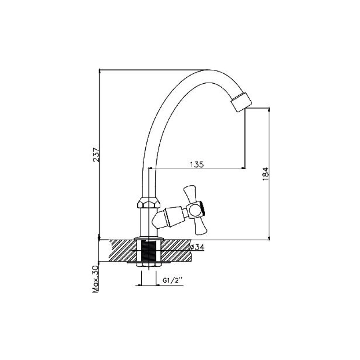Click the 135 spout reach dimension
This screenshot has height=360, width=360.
[x=197, y=164]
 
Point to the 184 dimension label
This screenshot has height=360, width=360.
[x=265, y=174]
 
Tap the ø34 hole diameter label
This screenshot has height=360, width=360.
[x=197, y=247]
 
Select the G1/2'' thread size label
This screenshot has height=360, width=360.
[x=173, y=280]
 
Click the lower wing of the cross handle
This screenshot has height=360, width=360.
[x=199, y=227]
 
